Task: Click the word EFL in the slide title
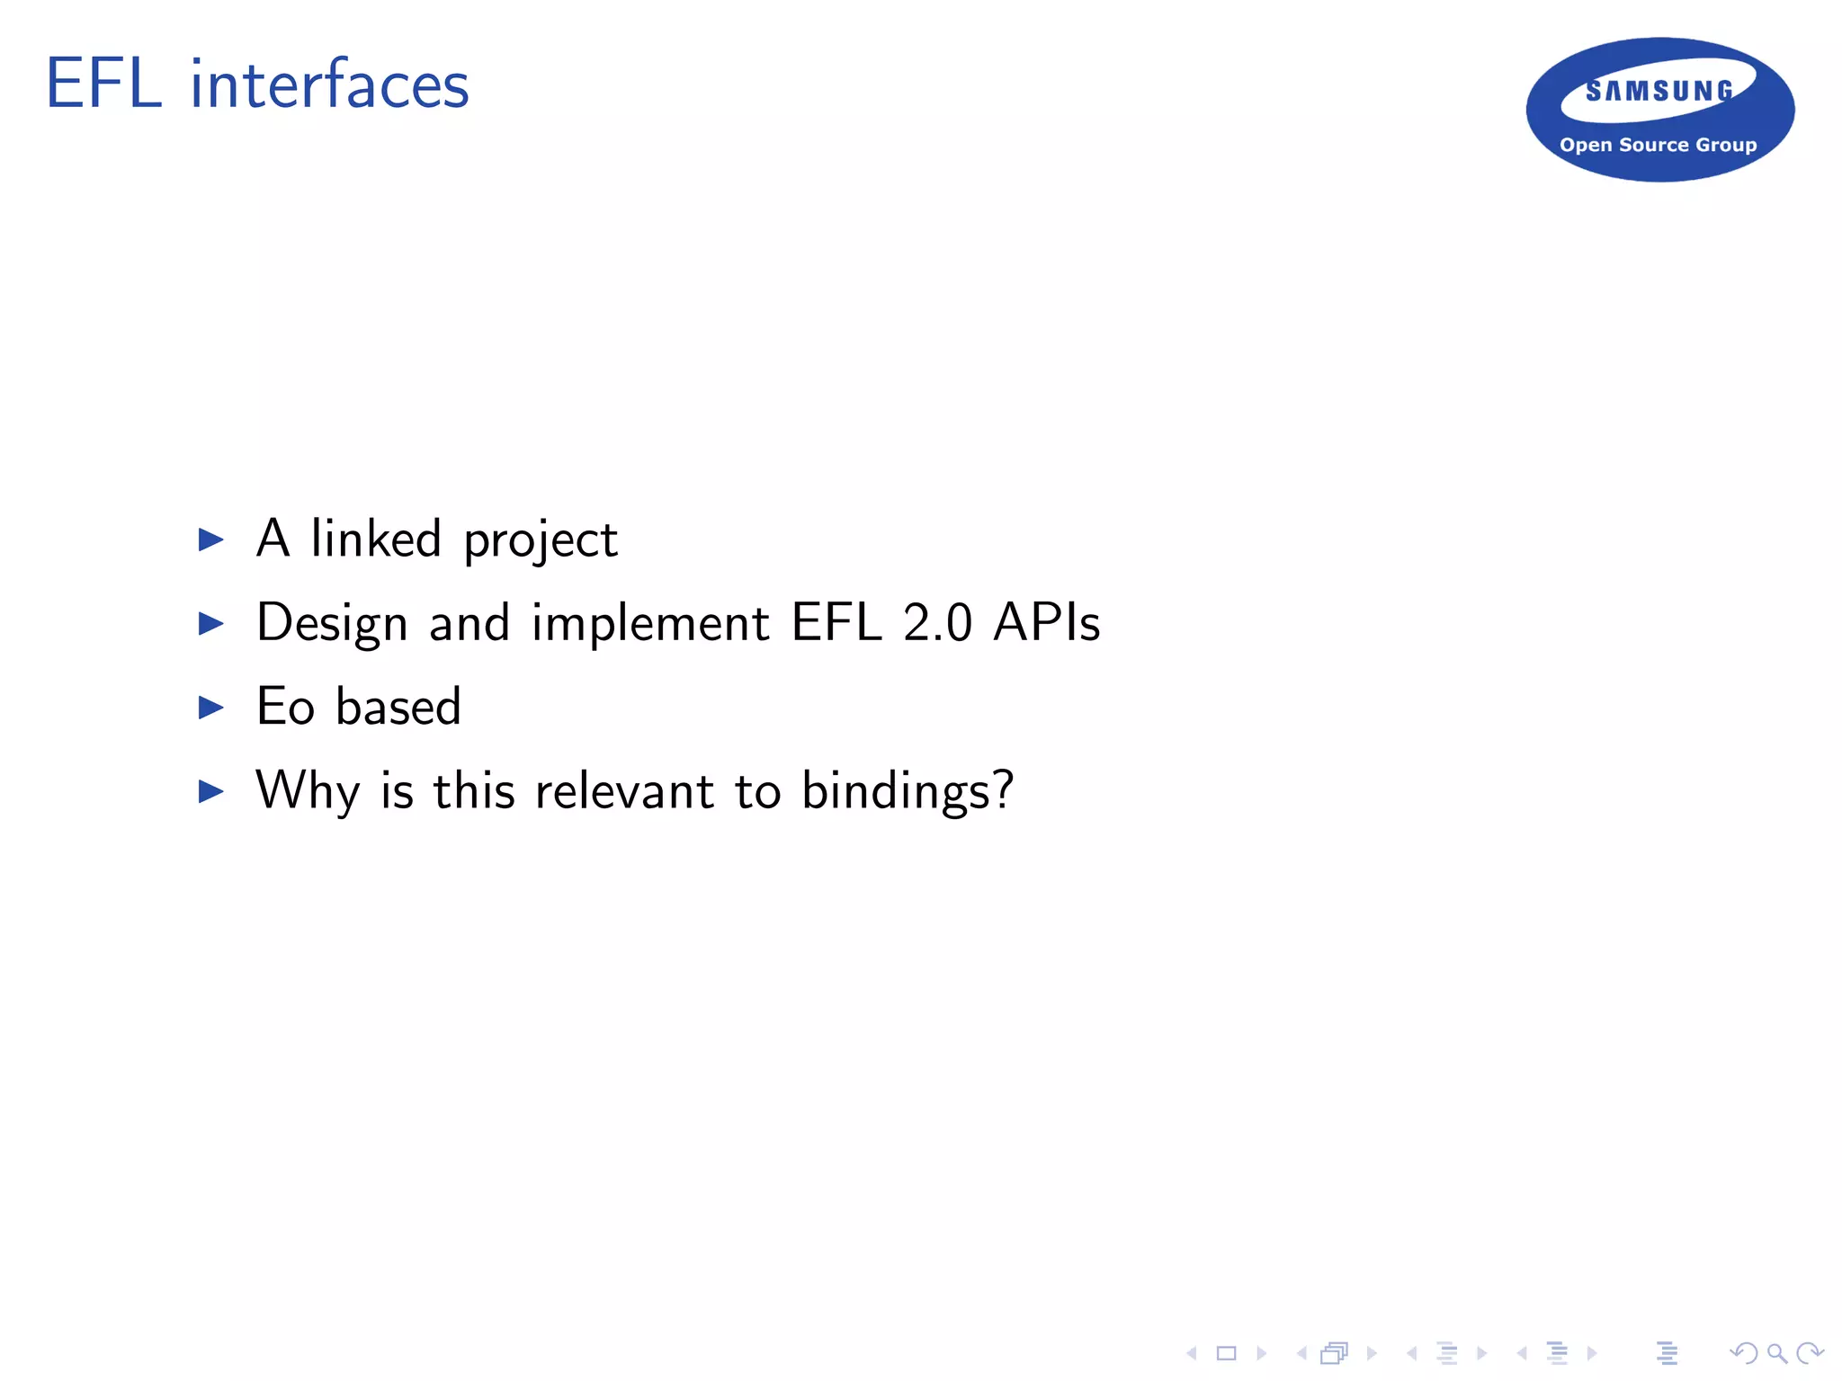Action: pyautogui.click(x=104, y=85)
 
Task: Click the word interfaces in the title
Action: pyautogui.click(x=329, y=85)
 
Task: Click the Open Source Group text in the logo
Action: pyautogui.click(x=1658, y=145)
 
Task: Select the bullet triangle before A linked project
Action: pyautogui.click(x=210, y=539)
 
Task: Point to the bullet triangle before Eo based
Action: pyautogui.click(x=210, y=708)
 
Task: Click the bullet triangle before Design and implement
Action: pyautogui.click(x=210, y=623)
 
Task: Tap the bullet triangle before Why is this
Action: pyautogui.click(x=210, y=791)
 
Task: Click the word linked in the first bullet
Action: pyautogui.click(x=376, y=539)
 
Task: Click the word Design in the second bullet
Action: pyautogui.click(x=332, y=623)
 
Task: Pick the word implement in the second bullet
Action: pyautogui.click(x=650, y=623)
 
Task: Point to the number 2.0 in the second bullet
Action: pyautogui.click(x=937, y=623)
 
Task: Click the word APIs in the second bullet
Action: pyautogui.click(x=1047, y=622)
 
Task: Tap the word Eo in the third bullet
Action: pyautogui.click(x=285, y=707)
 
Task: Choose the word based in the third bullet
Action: pyautogui.click(x=398, y=706)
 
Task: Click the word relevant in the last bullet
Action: pyautogui.click(x=624, y=791)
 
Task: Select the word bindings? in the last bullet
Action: pyautogui.click(x=908, y=791)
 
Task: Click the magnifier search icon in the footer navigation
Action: pyautogui.click(x=1776, y=1353)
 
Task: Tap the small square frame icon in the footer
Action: pyautogui.click(x=1227, y=1353)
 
